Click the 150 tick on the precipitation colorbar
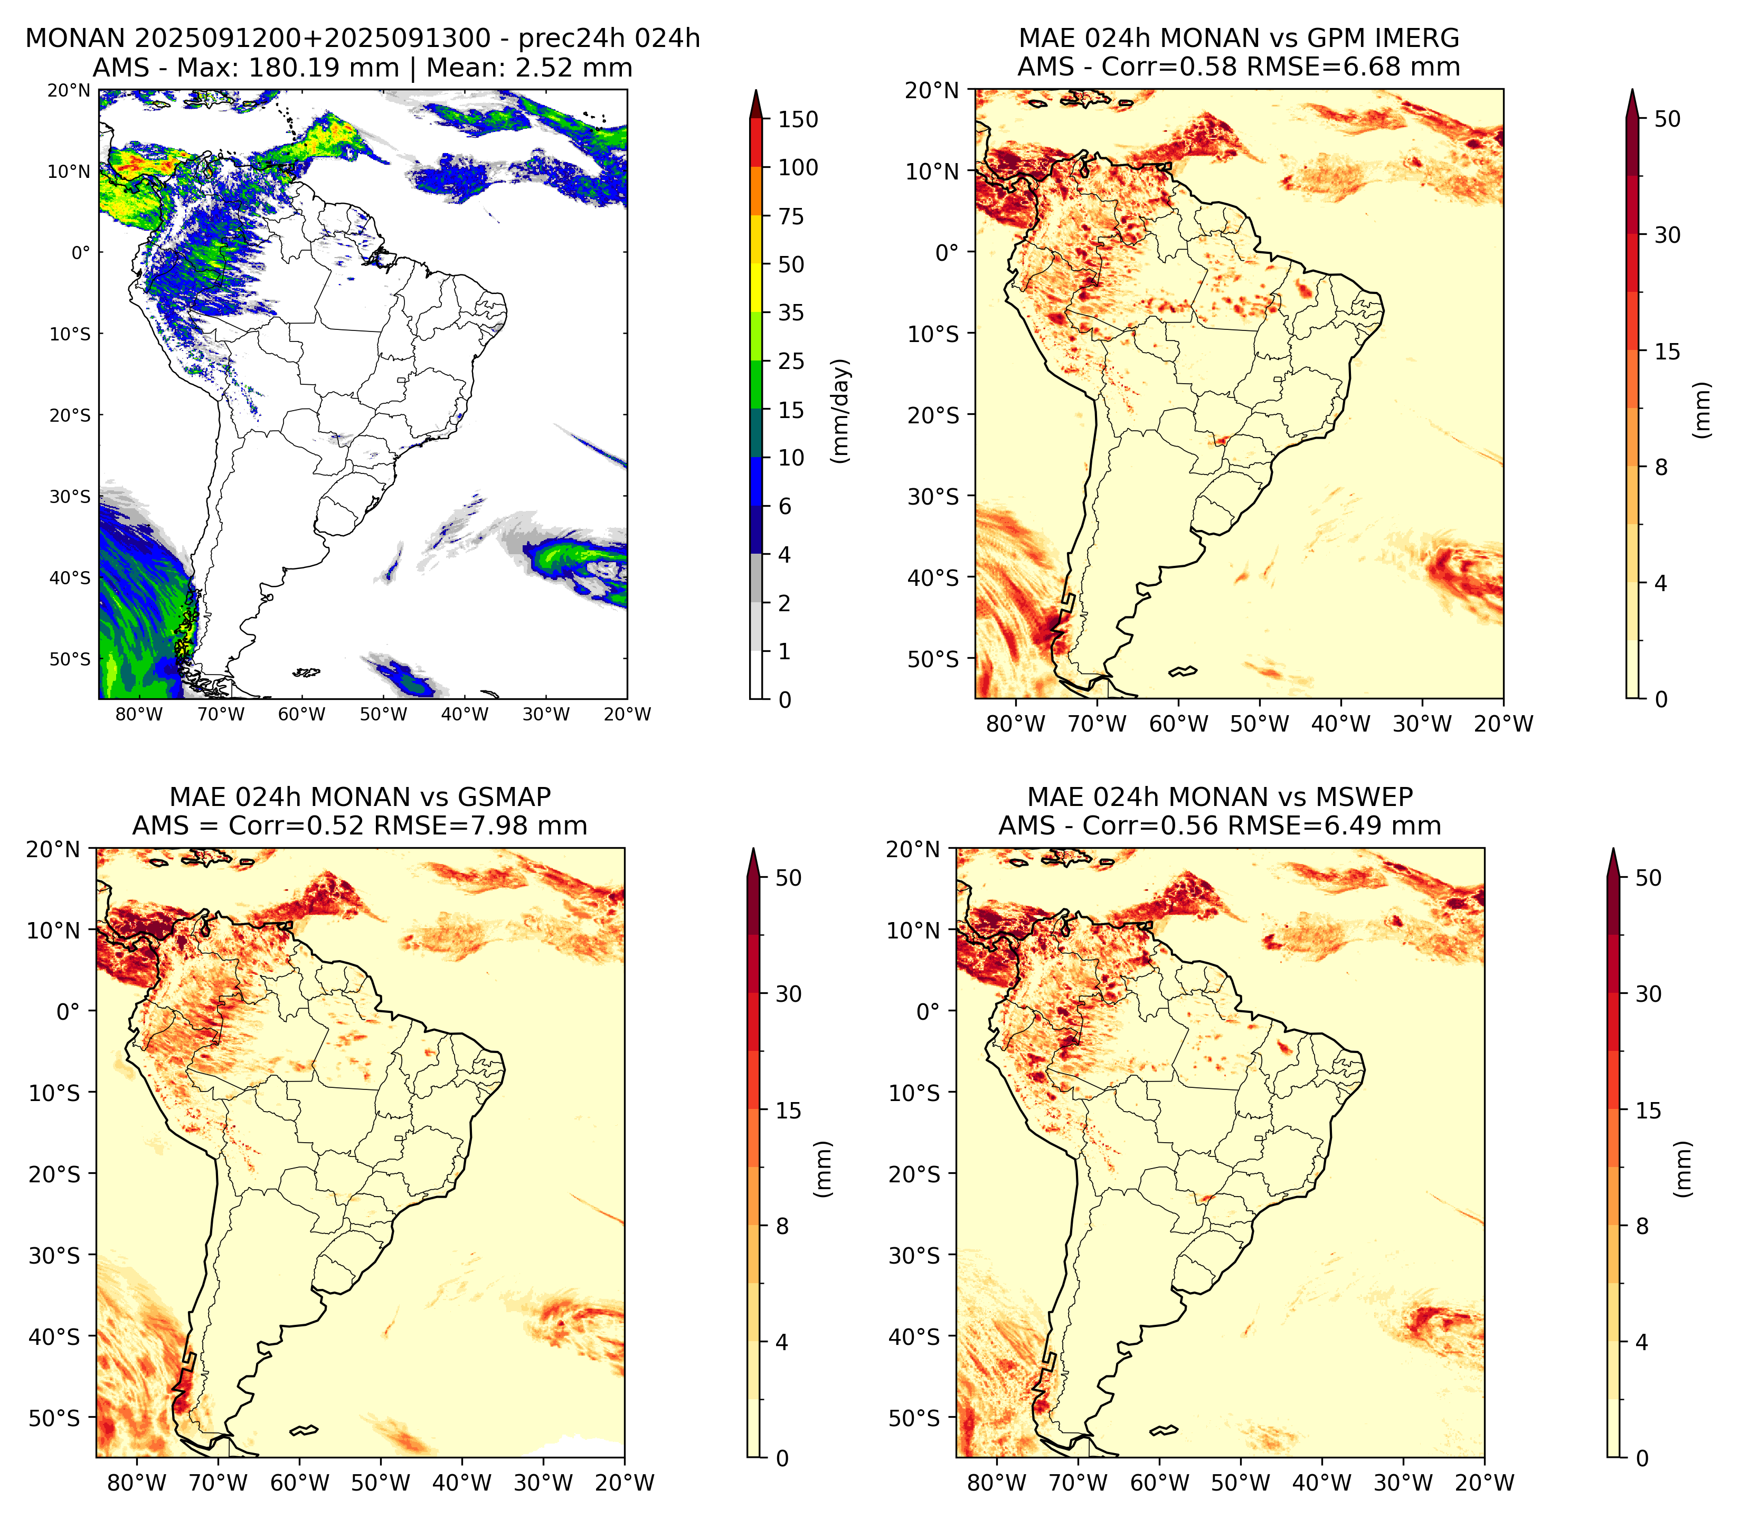[x=798, y=119]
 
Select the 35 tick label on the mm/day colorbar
[x=791, y=312]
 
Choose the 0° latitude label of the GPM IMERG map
[x=947, y=252]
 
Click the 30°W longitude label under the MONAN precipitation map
[x=545, y=714]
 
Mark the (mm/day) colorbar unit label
[x=840, y=411]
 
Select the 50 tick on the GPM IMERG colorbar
[x=1667, y=119]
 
